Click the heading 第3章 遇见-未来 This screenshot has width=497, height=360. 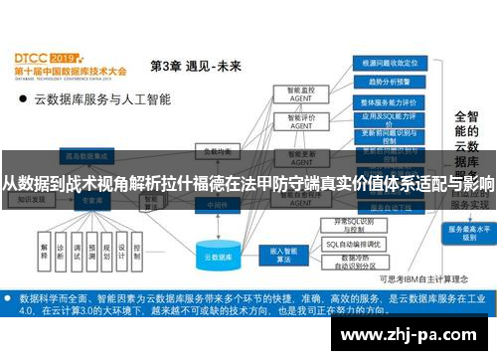click(195, 67)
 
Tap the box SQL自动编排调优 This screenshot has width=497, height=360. click(350, 243)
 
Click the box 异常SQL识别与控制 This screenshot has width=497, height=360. click(350, 224)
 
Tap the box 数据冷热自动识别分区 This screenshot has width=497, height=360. click(350, 263)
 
